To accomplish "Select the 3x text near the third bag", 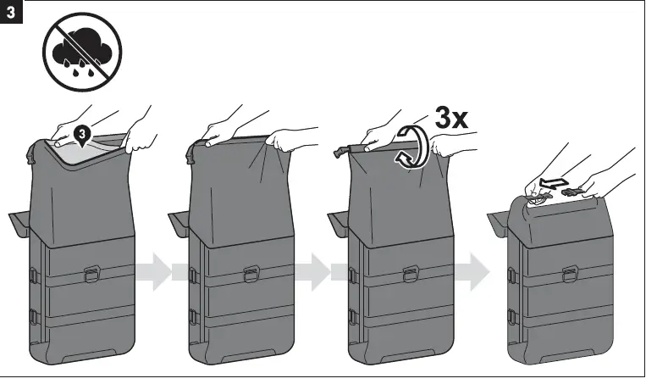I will coord(452,119).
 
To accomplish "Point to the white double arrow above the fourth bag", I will coord(555,181).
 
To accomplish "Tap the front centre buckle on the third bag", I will coord(411,274).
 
